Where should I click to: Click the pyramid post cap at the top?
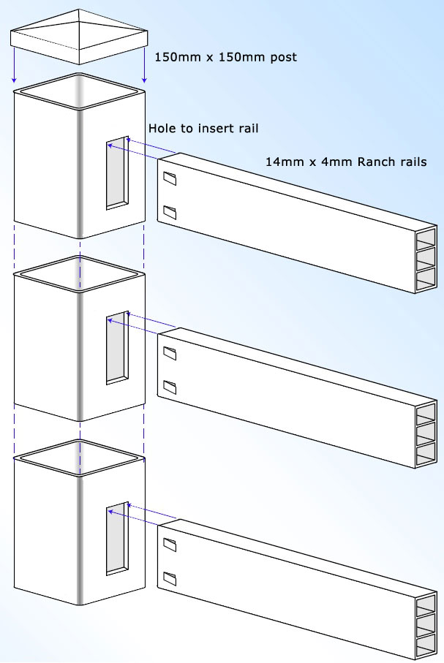coord(79,37)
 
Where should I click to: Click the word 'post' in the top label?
coord(282,57)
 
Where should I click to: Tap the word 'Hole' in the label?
coord(162,128)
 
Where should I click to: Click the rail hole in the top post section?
coord(117,173)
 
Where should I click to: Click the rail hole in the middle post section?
coord(117,348)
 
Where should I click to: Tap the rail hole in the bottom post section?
coord(117,539)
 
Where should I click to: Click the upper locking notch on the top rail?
coord(170,179)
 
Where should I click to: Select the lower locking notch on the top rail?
coord(170,212)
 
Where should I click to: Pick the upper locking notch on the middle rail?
coord(170,354)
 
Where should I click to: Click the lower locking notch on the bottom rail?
coord(170,578)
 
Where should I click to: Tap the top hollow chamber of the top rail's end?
coord(426,239)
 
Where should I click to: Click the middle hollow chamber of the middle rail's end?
coord(426,433)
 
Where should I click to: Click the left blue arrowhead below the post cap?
coord(14,80)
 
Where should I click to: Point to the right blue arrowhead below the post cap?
coord(145,80)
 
